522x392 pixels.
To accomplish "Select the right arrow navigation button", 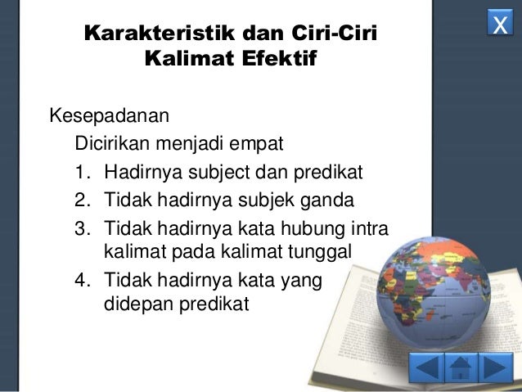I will pyautogui.click(x=496, y=367).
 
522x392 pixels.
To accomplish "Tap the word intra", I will pyautogui.click(x=367, y=226).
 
